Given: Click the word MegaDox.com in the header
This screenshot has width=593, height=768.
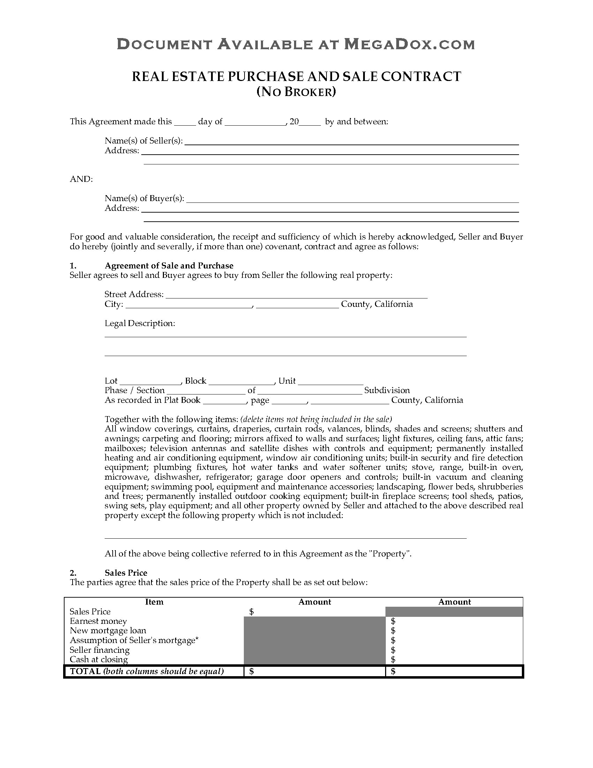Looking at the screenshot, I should click(409, 44).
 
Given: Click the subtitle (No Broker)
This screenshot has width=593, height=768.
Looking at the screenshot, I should click(296, 92).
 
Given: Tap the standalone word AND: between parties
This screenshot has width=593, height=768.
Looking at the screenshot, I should click(82, 179).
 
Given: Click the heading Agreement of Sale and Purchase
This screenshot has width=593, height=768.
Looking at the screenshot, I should click(169, 266).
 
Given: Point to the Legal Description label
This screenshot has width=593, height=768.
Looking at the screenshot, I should click(140, 323).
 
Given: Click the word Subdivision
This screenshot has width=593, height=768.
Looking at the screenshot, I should click(387, 390).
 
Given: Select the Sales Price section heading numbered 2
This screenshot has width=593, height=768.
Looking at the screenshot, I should click(126, 573).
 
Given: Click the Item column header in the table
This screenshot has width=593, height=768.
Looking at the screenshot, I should click(154, 602).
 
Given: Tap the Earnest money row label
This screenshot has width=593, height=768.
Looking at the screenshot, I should click(98, 621).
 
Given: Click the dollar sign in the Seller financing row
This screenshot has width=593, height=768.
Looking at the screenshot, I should click(393, 650).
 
